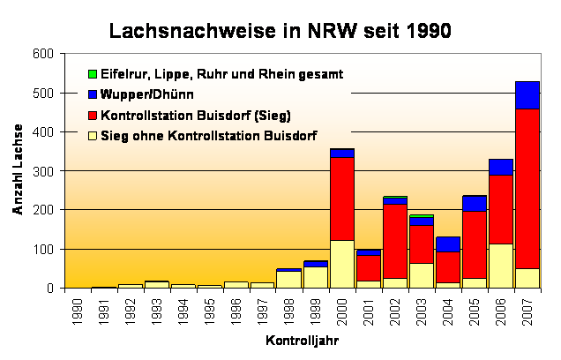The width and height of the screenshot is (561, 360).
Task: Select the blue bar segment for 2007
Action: [527, 94]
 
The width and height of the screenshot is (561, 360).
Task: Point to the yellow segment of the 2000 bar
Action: [341, 264]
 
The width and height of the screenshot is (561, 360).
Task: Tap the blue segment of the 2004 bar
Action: [447, 244]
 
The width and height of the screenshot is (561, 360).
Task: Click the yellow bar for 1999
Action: [315, 277]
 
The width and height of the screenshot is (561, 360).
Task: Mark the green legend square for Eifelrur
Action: [92, 73]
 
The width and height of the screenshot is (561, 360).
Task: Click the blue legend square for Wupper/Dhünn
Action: [92, 94]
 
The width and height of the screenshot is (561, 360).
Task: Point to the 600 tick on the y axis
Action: [41, 54]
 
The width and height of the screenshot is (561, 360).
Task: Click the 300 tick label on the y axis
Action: [41, 171]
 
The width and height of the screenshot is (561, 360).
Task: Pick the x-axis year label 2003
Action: [421, 311]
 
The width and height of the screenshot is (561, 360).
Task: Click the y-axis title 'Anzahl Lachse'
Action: [17, 171]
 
